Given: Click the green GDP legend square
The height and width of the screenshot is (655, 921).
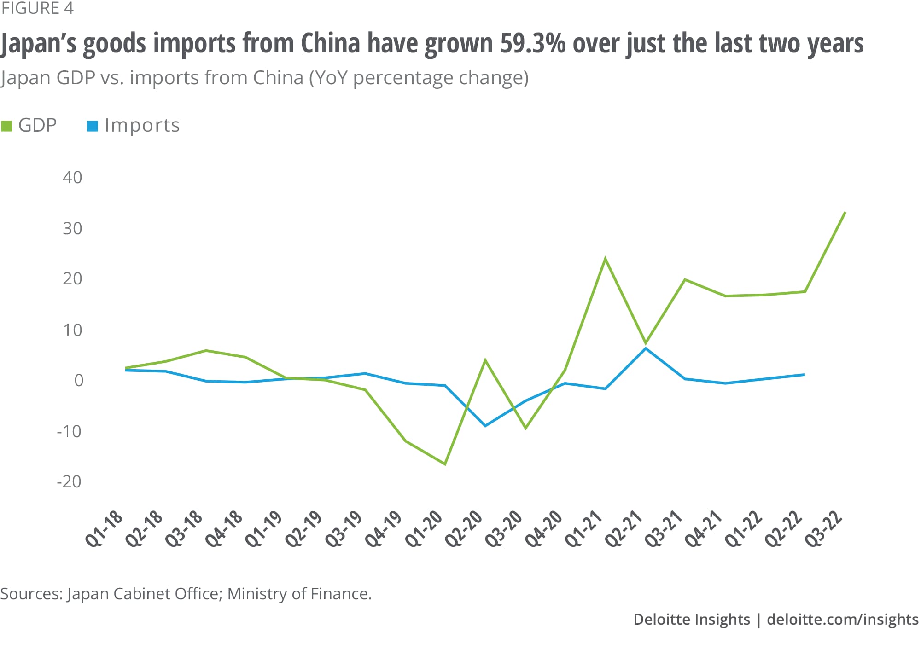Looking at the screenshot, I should tap(6, 126).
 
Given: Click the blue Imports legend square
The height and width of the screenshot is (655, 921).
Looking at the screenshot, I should tap(93, 126).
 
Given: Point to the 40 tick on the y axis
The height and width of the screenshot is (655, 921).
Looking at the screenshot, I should tap(72, 177).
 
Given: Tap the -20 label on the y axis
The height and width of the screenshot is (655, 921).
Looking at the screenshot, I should tap(69, 481).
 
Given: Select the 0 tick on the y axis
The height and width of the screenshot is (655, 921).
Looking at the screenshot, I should tap(79, 380).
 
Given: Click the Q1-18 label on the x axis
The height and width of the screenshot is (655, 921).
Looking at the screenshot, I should tap(105, 528).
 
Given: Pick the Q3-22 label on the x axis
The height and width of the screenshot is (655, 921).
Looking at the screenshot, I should tap(824, 528).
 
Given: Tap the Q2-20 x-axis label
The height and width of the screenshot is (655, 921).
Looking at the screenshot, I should tap(464, 528).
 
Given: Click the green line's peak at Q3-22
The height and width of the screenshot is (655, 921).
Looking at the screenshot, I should tap(845, 212).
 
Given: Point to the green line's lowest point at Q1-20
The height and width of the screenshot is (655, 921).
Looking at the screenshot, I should tap(445, 464).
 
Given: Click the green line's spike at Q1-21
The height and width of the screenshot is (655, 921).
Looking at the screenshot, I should tap(605, 259).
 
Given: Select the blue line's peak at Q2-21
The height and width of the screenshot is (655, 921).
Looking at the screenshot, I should tap(646, 348).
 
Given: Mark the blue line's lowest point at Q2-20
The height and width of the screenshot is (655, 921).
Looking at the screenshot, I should tap(485, 426).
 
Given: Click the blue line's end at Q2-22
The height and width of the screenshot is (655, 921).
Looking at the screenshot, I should tap(804, 375).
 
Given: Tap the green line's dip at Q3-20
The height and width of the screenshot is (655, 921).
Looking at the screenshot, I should tap(525, 429).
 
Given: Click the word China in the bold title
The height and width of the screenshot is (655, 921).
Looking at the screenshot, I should tap(330, 44).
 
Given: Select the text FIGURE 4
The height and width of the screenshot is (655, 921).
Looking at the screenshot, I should tap(37, 8).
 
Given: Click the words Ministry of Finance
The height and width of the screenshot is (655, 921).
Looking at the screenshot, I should tap(299, 594).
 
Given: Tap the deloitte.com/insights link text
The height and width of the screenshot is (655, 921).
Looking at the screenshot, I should tap(842, 620).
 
